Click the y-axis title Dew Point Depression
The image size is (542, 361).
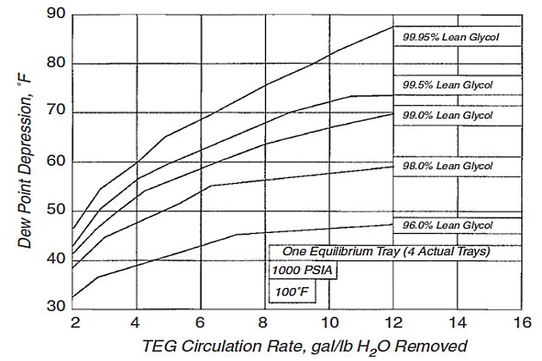[x=26, y=161]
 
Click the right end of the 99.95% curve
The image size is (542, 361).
[x=394, y=25]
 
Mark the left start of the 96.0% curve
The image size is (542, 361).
[x=75, y=297]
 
